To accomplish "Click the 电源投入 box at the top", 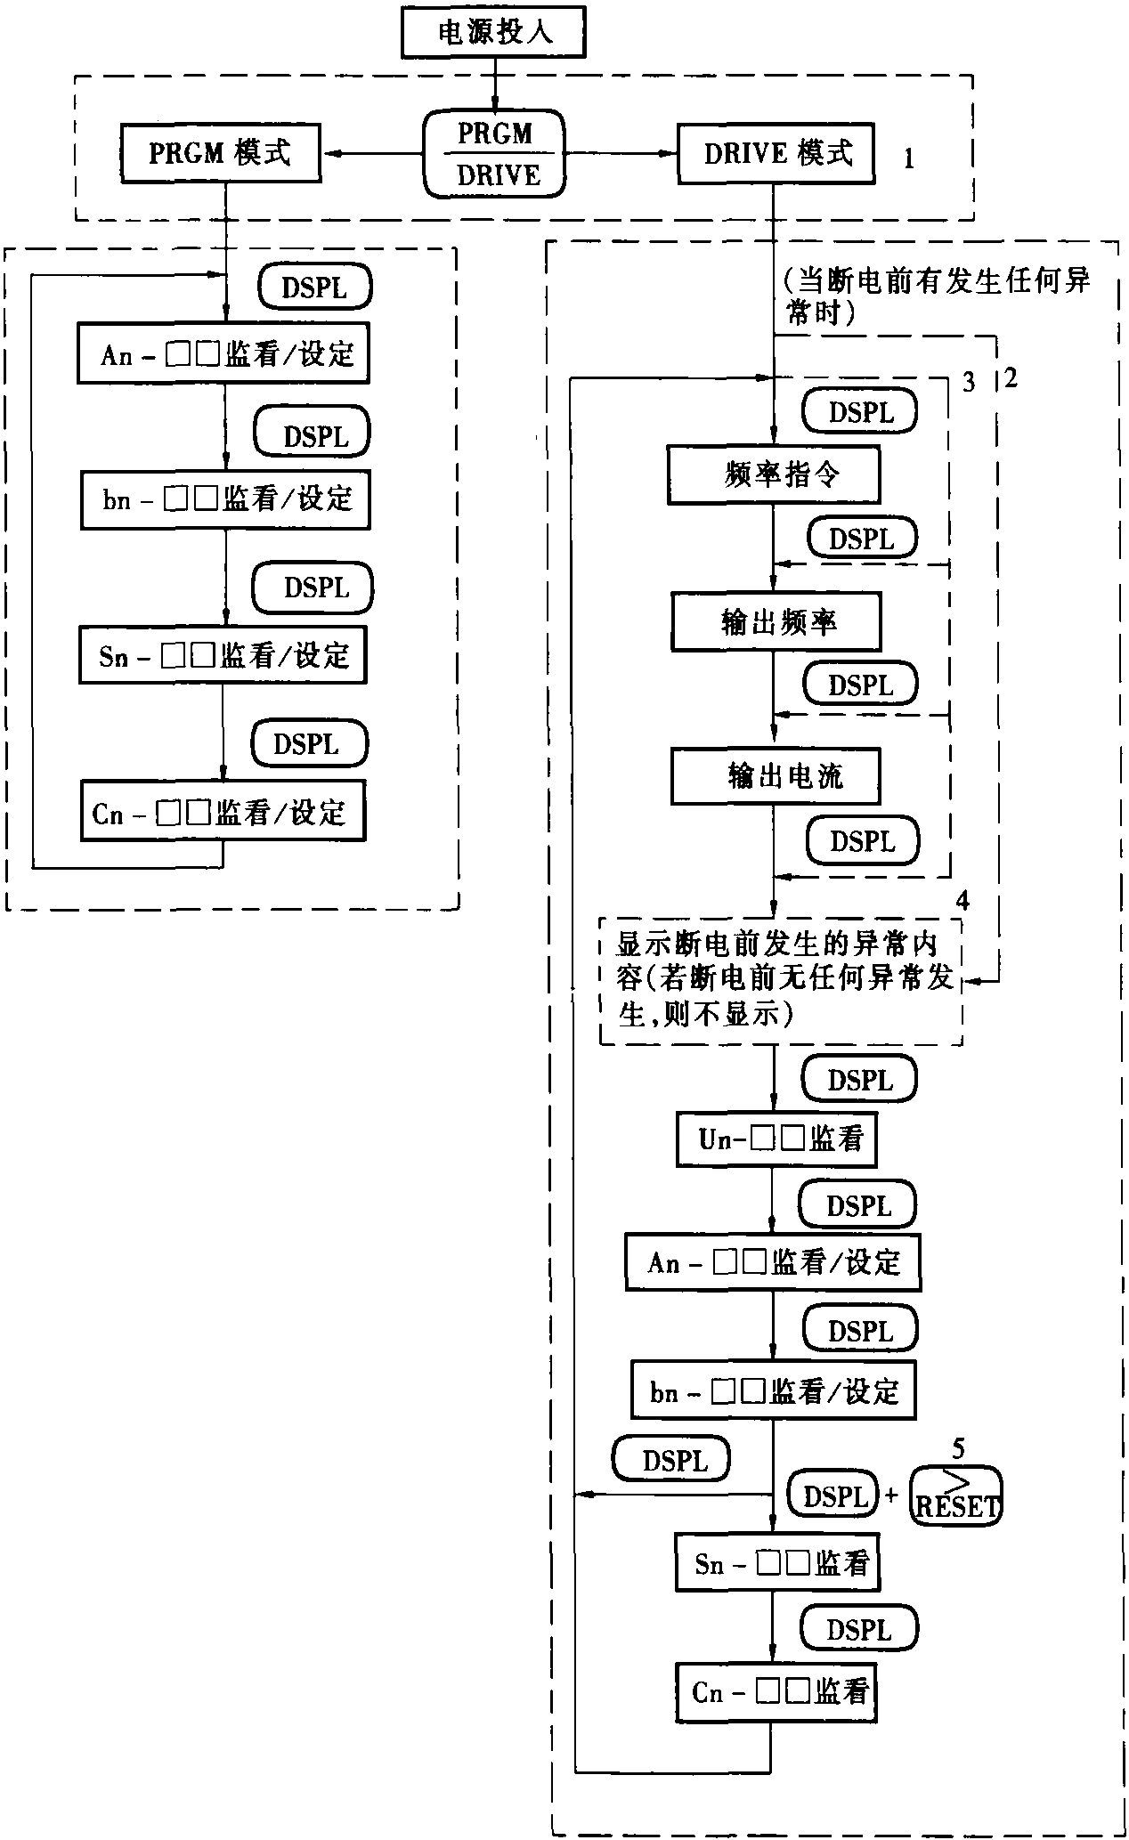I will tap(494, 34).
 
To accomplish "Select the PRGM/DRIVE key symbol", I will tap(495, 154).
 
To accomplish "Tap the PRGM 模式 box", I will tap(220, 153).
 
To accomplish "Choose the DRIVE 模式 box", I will tap(776, 154).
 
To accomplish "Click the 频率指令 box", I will tap(774, 475).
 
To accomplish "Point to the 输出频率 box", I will tap(776, 622).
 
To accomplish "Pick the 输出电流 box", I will tap(776, 776).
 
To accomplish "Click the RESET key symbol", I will tap(956, 1496).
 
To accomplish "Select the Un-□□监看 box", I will tap(776, 1139).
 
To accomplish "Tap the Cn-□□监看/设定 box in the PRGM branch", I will tap(223, 811).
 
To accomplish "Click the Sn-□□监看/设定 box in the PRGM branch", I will tap(223, 656).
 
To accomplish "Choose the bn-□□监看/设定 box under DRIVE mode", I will tap(773, 1390).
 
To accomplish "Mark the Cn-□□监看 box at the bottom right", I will tap(776, 1691).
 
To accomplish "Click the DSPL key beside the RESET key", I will tap(834, 1496).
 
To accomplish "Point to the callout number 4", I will tap(962, 902).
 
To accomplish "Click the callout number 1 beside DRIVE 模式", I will tap(908, 159).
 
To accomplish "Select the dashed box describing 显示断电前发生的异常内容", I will tap(781, 980).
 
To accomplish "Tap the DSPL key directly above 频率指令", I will tap(860, 412).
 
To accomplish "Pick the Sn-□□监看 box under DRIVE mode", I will tap(776, 1562).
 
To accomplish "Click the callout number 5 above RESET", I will tap(958, 1449).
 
